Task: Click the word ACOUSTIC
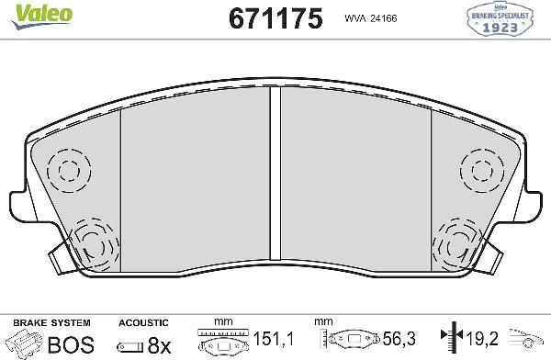[x=144, y=323]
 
